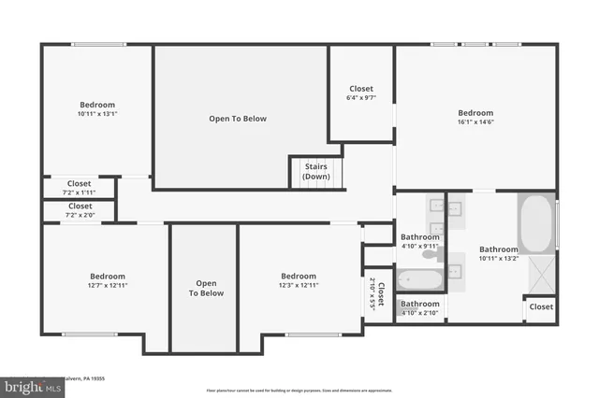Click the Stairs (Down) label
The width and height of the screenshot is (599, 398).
click(x=315, y=171)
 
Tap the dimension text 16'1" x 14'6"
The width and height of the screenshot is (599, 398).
click(x=475, y=121)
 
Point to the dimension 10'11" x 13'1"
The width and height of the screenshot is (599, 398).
click(x=97, y=114)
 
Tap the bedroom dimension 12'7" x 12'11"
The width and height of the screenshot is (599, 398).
click(x=108, y=286)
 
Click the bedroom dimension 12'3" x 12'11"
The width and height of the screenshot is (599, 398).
click(x=299, y=286)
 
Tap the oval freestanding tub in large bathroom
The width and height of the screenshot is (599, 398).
click(x=536, y=223)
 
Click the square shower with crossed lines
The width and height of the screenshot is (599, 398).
click(x=540, y=275)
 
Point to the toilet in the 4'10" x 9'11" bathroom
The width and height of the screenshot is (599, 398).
click(x=430, y=253)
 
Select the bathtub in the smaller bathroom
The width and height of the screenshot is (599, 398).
click(x=417, y=279)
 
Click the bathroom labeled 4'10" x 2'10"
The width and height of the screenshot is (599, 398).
click(x=420, y=308)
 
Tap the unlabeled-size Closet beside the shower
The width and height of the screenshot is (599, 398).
click(x=541, y=306)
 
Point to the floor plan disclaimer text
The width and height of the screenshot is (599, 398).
click(x=299, y=390)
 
